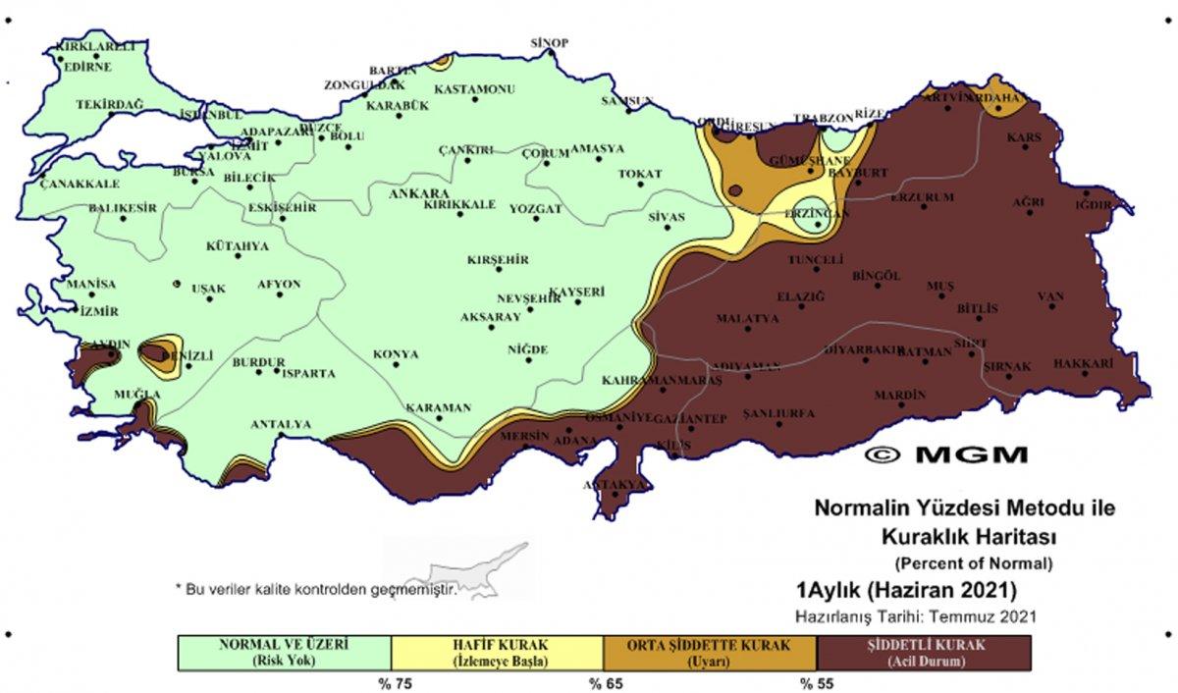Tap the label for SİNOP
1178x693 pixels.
(x=549, y=42)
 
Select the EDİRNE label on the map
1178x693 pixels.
(x=87, y=68)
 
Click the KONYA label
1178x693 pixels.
(x=396, y=354)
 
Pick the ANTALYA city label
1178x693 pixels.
(x=281, y=424)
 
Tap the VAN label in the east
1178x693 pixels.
(x=1051, y=295)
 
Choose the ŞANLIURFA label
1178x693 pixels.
(x=779, y=413)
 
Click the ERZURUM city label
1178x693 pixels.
(x=922, y=197)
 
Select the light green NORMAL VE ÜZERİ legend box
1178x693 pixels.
(x=284, y=652)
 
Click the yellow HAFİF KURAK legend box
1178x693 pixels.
(x=497, y=652)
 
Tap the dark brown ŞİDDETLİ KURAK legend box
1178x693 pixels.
(x=924, y=652)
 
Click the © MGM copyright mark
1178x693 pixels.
(x=947, y=454)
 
